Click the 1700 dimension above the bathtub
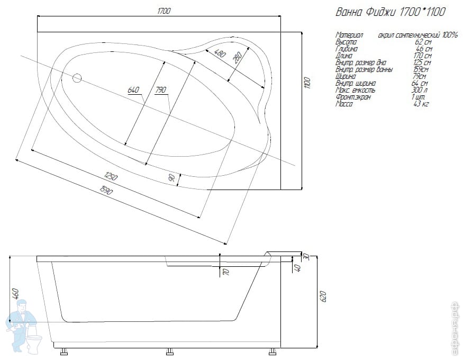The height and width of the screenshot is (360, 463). tap(164, 11)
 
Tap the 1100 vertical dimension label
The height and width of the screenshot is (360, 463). tap(307, 82)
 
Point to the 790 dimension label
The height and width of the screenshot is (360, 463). tap(160, 90)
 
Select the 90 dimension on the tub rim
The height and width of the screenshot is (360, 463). tap(171, 178)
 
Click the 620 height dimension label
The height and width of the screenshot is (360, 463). tap(324, 296)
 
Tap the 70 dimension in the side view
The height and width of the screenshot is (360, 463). tap(225, 272)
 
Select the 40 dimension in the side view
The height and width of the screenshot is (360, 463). tap(298, 268)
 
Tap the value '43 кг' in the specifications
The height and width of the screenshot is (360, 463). tap(421, 104)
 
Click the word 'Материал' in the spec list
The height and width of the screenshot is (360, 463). tap(349, 35)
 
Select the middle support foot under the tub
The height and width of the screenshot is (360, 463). tap(171, 352)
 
